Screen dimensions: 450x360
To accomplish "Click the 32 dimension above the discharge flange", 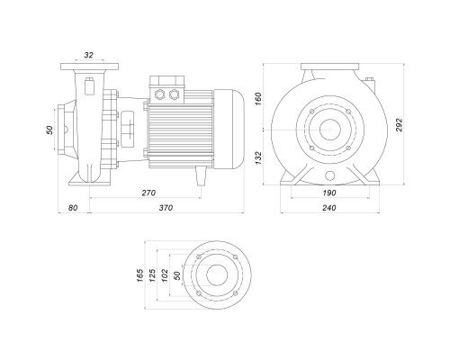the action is click(89, 55).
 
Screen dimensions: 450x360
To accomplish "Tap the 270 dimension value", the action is click(148, 193).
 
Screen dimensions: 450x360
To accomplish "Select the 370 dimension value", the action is click(166, 208).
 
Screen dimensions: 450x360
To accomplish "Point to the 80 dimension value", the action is click(73, 208).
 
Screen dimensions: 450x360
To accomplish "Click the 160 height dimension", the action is click(258, 99).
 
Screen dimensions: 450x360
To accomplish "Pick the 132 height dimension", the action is click(258, 157).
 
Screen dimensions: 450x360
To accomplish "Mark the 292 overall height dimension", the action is click(399, 125).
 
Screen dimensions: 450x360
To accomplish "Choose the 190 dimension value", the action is click(329, 193).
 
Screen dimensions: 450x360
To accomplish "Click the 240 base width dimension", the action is click(329, 208).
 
